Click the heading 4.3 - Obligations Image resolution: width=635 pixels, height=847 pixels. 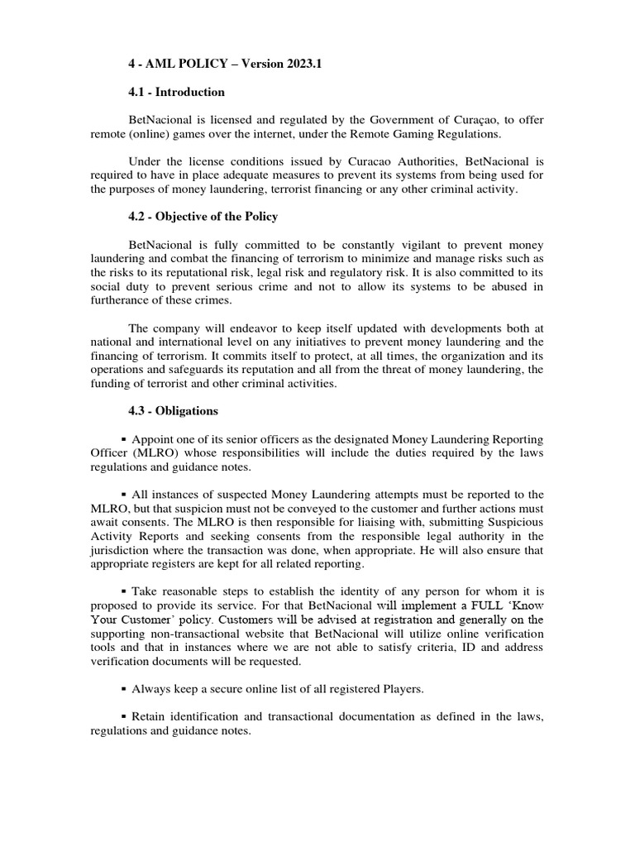pos(173,411)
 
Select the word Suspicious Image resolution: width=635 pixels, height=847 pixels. pos(515,523)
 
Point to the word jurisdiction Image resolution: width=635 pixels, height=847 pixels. pos(121,551)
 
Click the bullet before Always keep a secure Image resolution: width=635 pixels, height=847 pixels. pos(124,689)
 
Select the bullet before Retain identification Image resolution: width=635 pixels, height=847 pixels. pos(124,716)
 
